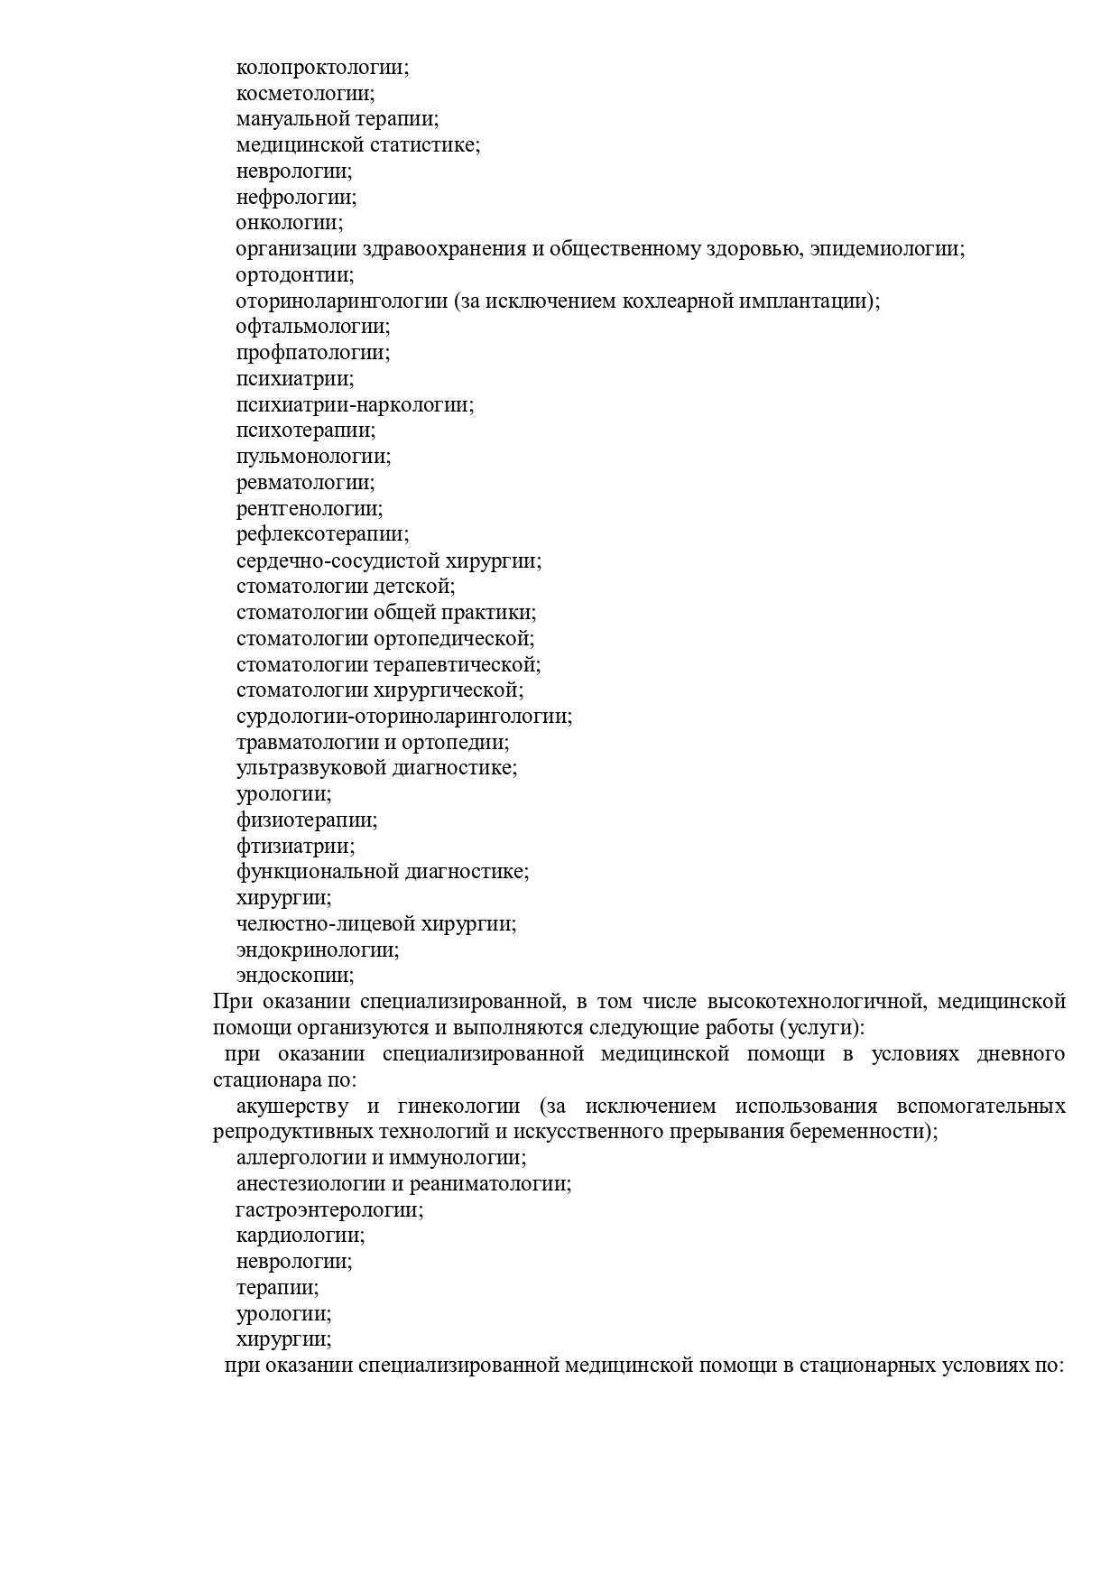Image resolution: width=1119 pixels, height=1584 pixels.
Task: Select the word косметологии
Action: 303,94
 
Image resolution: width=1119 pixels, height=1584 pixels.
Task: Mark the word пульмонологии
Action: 311,457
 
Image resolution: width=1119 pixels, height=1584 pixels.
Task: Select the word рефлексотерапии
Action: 320,535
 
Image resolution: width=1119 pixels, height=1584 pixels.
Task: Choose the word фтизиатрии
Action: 293,847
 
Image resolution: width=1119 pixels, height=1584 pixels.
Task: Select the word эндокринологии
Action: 316,950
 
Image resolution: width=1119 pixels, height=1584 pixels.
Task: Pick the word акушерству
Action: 290,1107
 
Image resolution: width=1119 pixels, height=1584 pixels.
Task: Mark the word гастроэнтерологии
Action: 328,1210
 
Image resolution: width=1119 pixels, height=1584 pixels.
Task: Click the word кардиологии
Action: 299,1236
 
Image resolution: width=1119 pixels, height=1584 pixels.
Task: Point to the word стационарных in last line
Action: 865,1366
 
